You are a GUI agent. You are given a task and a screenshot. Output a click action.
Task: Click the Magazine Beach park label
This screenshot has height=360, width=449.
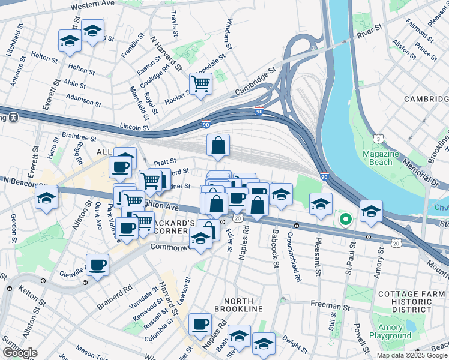coord(381,158)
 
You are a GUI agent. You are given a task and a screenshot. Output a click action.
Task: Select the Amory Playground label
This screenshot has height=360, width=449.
coord(394,332)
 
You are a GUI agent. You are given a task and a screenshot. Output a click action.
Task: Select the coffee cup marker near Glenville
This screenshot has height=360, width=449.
coord(97,264)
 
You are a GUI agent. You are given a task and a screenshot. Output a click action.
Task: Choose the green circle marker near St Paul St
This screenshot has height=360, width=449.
coord(345,219)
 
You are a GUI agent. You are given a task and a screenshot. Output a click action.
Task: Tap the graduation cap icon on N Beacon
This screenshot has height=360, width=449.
coord(46,197)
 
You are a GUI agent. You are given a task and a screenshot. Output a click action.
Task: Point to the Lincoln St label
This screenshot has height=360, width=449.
coord(134,127)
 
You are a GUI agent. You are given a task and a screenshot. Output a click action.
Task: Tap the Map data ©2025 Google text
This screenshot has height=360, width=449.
coord(412,355)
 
